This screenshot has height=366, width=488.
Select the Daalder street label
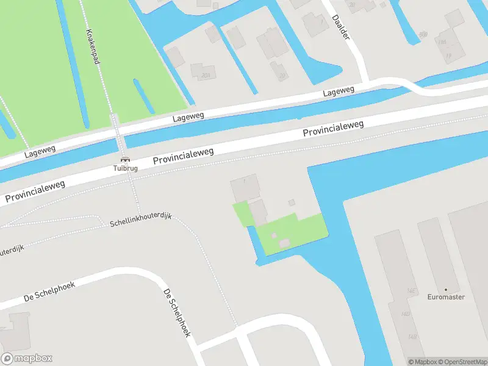(x=342, y=27)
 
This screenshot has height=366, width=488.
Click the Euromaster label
(x=445, y=297)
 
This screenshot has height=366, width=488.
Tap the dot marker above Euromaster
(x=445, y=289)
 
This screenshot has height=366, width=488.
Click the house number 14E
(x=412, y=292)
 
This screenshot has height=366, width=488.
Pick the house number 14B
(x=412, y=337)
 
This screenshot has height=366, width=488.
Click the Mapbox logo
(x=26, y=359)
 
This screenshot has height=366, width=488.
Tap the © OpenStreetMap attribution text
(x=456, y=361)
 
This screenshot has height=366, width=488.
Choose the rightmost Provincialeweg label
(x=333, y=129)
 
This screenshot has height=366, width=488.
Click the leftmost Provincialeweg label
(x=35, y=192)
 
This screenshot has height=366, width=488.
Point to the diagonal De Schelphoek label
(x=177, y=313)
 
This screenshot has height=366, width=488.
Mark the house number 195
(x=442, y=42)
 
